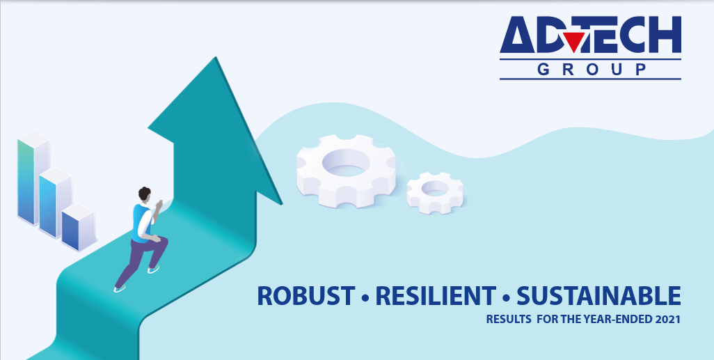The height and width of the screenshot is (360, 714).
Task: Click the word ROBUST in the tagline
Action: click(306, 296)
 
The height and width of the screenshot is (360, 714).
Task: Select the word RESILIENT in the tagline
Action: click(436, 296)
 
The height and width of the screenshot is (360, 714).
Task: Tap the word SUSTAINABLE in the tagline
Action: click(598, 296)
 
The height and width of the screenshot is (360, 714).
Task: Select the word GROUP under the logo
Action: click(591, 69)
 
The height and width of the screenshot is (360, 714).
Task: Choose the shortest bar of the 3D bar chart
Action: click(79, 228)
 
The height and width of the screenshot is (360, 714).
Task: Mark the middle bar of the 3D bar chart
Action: click(55, 203)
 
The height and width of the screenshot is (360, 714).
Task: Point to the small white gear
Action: click(436, 192)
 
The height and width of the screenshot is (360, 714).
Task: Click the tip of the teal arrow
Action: click(216, 57)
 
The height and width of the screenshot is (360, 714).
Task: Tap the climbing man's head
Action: click(144, 194)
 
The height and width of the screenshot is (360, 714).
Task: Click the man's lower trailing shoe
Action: click(119, 288)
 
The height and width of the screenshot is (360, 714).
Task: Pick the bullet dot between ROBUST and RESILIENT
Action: click(365, 299)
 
